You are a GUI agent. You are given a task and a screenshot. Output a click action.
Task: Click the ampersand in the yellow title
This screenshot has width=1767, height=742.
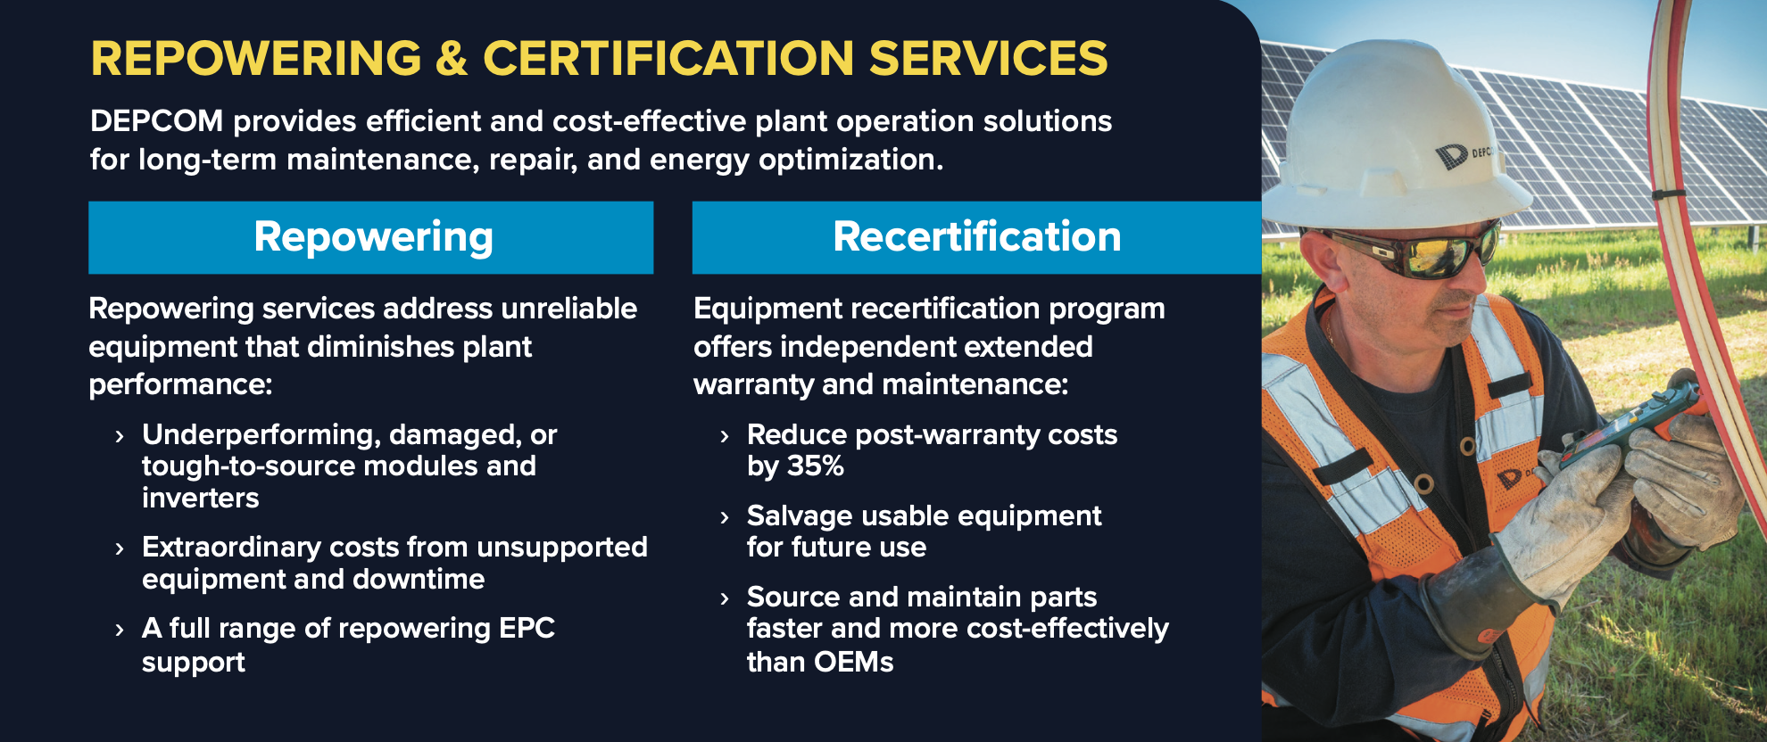coord(452,59)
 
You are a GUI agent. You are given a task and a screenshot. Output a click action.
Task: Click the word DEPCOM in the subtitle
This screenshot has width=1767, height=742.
coord(157,121)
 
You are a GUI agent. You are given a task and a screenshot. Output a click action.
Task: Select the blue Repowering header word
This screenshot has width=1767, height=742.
coord(374,238)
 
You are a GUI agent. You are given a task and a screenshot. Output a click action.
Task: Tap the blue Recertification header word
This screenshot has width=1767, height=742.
coord(977,237)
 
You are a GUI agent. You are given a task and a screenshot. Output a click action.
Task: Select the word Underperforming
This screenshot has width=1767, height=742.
coord(261,435)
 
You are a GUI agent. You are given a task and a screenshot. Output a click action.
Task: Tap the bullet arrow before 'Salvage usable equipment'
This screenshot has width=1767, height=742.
coord(725,518)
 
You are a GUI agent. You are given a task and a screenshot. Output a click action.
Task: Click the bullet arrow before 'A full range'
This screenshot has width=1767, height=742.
coord(120,631)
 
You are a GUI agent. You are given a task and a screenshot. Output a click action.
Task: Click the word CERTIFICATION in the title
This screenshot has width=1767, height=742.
coord(669,59)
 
